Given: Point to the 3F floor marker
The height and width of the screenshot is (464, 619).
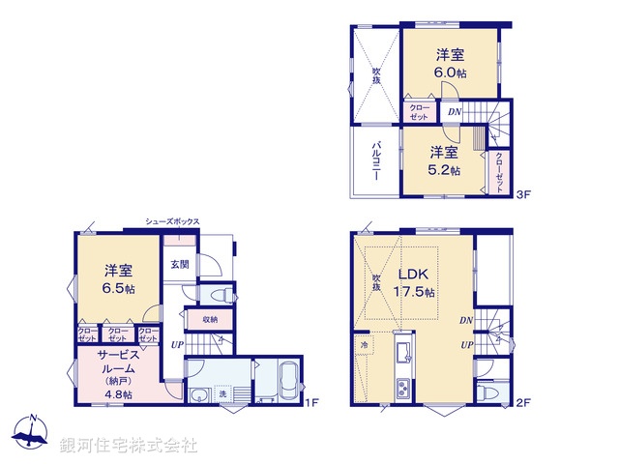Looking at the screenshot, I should (x=524, y=192).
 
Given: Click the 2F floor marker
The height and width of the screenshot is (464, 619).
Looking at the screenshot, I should (x=523, y=403).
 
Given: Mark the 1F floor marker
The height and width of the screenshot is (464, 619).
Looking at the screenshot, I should (x=313, y=403).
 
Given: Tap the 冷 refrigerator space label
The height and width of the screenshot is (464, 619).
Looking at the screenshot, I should (x=365, y=345).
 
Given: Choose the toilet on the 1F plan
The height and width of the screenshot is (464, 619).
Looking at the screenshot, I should (x=220, y=293).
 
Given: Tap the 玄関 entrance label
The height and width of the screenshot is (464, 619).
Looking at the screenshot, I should (x=180, y=264).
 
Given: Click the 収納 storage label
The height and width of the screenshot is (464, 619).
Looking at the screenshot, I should (x=210, y=319).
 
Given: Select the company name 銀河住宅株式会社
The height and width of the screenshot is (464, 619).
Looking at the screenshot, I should (x=129, y=445).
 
